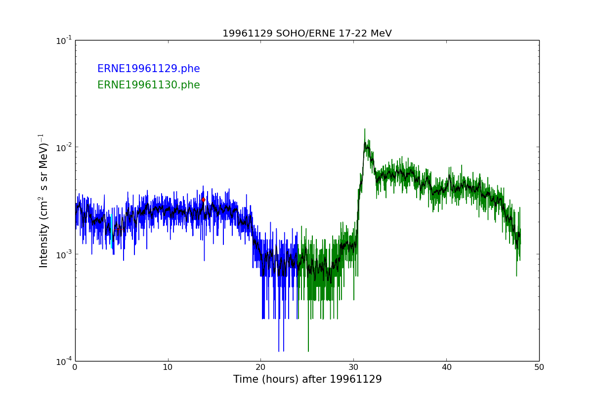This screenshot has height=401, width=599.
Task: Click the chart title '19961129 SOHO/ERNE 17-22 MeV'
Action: click(x=307, y=34)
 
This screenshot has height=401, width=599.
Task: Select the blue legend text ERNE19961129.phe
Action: click(x=148, y=69)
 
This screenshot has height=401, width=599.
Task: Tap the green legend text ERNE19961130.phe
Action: click(x=148, y=85)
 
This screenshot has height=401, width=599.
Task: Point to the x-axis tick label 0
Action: click(x=75, y=367)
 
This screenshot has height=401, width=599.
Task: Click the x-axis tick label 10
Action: click(x=168, y=367)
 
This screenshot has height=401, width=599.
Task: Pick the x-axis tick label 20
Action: click(x=260, y=367)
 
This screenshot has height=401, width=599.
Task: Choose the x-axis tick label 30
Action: click(x=353, y=367)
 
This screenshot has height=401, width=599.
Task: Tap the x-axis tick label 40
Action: click(x=446, y=367)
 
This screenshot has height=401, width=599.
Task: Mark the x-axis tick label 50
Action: click(x=539, y=367)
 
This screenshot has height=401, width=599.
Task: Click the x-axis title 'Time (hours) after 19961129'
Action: click(x=307, y=380)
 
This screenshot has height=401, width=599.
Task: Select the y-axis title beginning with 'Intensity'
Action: click(x=43, y=200)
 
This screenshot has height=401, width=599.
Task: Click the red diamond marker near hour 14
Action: click(x=203, y=200)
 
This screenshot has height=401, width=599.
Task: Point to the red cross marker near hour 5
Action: click(x=118, y=229)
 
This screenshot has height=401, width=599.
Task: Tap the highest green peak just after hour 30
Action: click(x=365, y=129)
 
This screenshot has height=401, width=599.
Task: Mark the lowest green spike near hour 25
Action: click(x=308, y=350)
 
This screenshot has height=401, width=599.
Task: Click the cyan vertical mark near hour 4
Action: click(x=112, y=242)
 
